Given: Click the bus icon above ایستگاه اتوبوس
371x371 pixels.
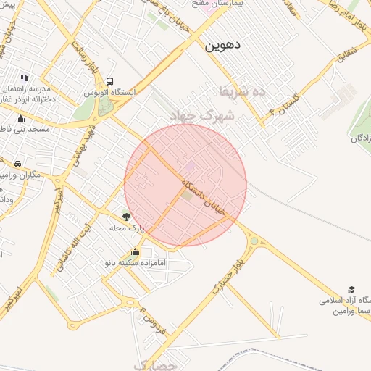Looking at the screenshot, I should click(109, 82).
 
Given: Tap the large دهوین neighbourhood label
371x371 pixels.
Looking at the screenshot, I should click(222, 45).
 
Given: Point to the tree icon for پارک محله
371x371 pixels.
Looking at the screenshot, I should click(127, 216).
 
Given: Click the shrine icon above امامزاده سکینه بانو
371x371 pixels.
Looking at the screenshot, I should click(135, 251).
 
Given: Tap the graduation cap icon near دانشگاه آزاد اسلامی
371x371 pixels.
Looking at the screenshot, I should click(352, 289).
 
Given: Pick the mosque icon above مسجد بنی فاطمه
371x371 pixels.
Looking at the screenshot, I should click(20, 118).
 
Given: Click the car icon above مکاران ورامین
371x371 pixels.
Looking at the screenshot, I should click(17, 164).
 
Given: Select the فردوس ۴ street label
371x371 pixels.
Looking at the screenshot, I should click(154, 325).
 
